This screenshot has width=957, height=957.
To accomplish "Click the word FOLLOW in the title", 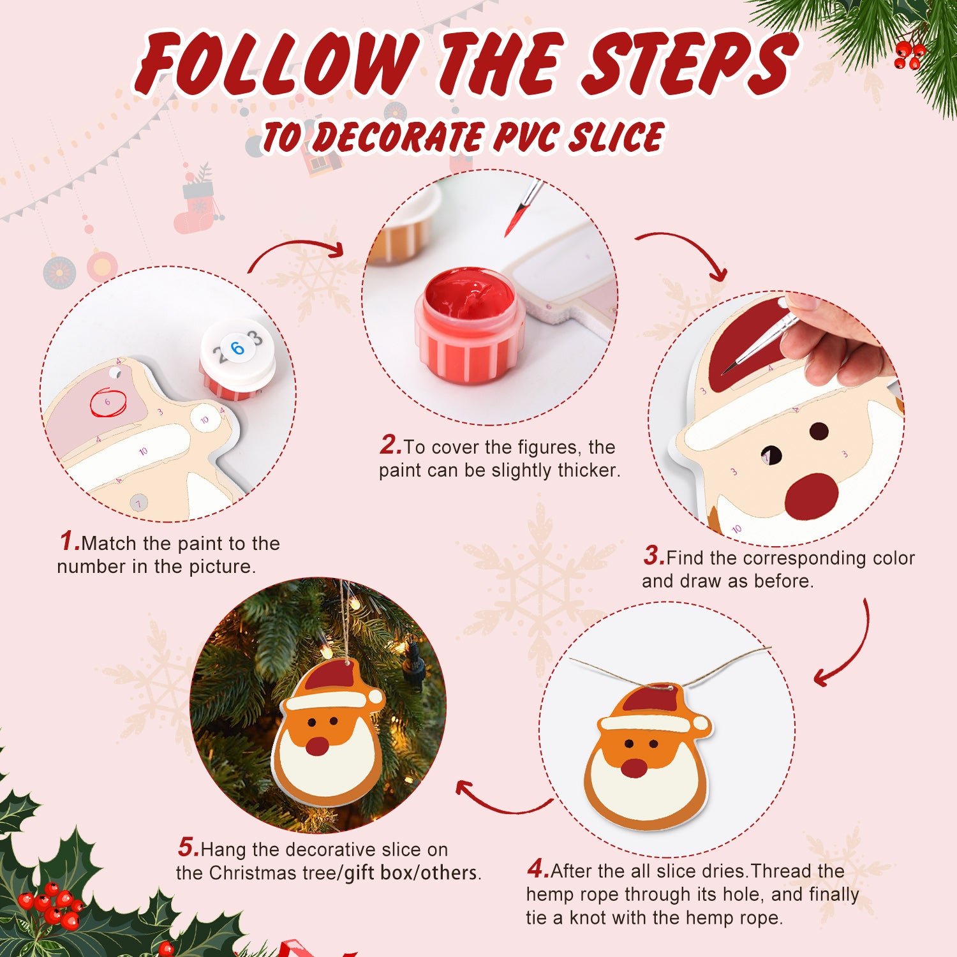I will (x=278, y=64).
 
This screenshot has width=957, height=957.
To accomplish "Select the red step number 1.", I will (x=69, y=542).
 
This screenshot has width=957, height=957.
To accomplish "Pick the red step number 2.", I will (x=390, y=445).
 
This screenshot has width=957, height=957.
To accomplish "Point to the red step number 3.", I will (x=653, y=556).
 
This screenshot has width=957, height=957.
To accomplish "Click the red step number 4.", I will (x=537, y=869).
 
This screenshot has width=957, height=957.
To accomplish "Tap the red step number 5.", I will (x=188, y=848).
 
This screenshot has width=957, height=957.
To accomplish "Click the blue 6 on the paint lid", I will (x=237, y=348).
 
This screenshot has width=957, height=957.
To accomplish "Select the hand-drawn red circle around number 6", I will (x=108, y=403).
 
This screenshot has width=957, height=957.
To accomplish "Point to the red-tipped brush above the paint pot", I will (x=520, y=211).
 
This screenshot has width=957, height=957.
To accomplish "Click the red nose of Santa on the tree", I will (x=317, y=746).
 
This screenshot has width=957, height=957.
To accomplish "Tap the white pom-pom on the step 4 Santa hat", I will (x=701, y=723).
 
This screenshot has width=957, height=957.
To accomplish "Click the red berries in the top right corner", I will (x=909, y=54).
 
